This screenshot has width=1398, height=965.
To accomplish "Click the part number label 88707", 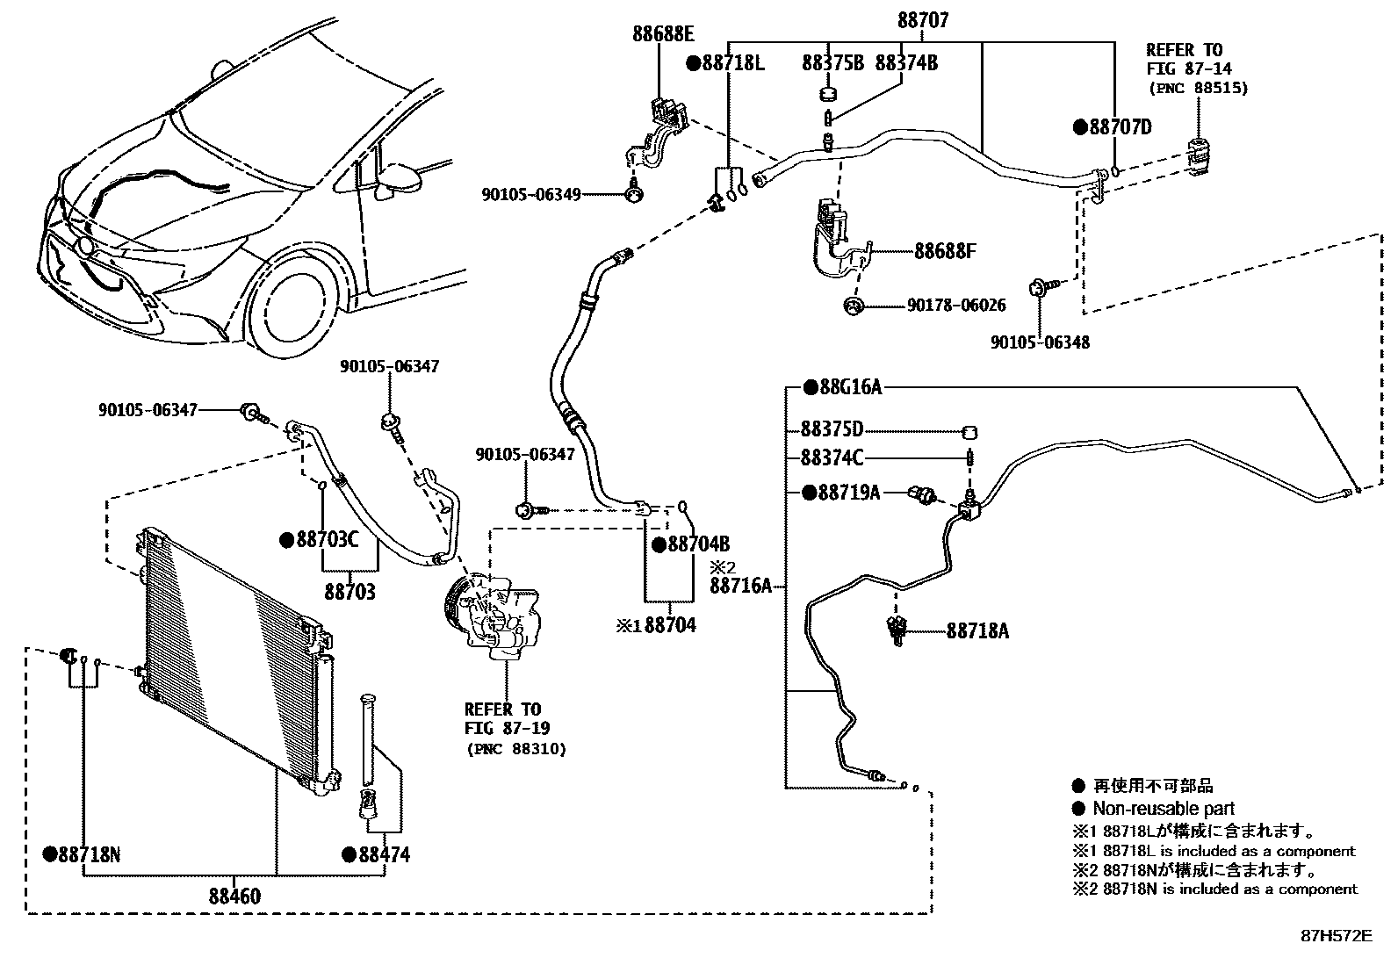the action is (923, 20).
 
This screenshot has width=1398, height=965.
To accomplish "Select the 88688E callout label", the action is (663, 33).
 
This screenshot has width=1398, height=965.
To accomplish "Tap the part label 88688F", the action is (945, 251).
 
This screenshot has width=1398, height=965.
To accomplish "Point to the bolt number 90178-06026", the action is (956, 306).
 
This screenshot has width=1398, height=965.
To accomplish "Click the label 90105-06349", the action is (531, 195).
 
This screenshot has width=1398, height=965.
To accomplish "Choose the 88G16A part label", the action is (851, 387).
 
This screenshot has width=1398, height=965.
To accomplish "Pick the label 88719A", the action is (849, 493).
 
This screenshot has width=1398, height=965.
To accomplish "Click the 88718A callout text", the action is (977, 631).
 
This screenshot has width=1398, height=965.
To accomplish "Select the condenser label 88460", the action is (234, 897).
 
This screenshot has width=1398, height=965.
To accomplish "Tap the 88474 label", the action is (385, 854).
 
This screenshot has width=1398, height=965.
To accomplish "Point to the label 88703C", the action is (328, 539).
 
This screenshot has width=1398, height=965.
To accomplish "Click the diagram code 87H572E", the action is (1337, 936).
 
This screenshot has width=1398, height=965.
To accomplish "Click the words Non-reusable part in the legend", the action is (1164, 809).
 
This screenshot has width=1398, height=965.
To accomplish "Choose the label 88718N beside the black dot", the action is (90, 854).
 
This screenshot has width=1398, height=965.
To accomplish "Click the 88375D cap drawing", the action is (969, 432).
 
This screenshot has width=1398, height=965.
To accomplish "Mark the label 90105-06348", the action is (1041, 342).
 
